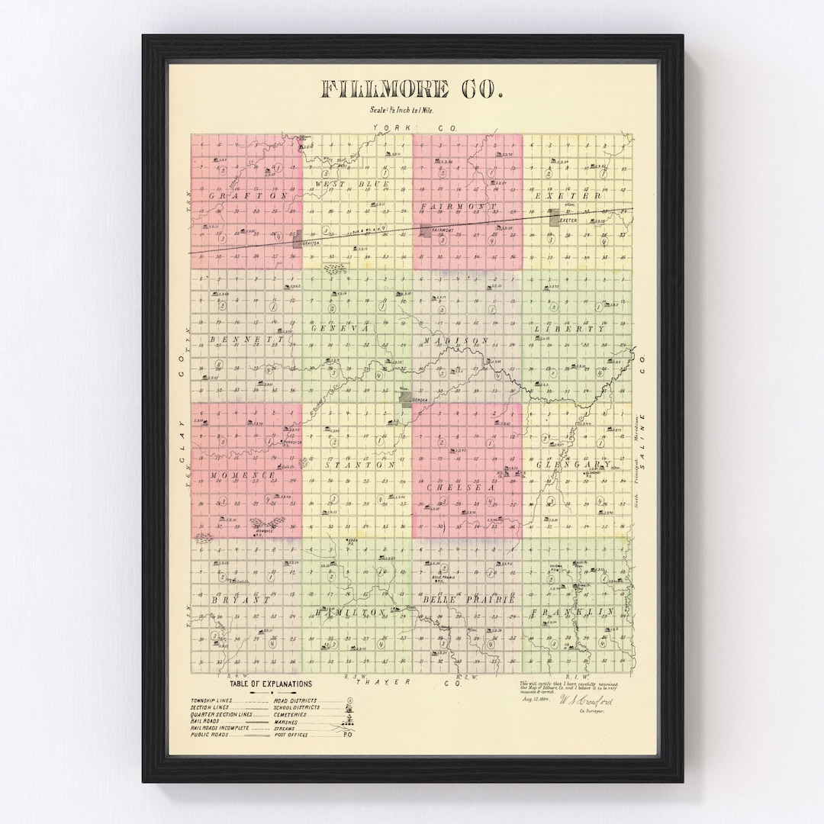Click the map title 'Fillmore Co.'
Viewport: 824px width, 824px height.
412,89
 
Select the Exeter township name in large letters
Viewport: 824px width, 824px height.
578,195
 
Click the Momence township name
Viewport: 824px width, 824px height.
243,475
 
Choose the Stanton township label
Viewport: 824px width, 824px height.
358,464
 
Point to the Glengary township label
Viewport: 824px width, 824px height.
574,464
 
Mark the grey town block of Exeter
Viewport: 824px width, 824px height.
555,219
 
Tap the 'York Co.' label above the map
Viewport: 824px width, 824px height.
412,128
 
